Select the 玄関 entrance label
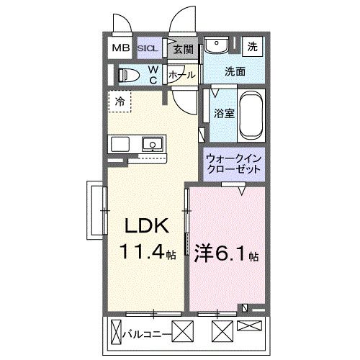click(x=184, y=49)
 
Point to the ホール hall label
click(x=183, y=74)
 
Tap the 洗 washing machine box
click(x=253, y=47)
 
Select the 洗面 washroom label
click(x=235, y=72)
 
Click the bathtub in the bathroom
click(x=253, y=114)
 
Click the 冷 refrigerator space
click(x=120, y=102)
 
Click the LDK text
click(x=148, y=227)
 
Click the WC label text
click(x=153, y=74)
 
